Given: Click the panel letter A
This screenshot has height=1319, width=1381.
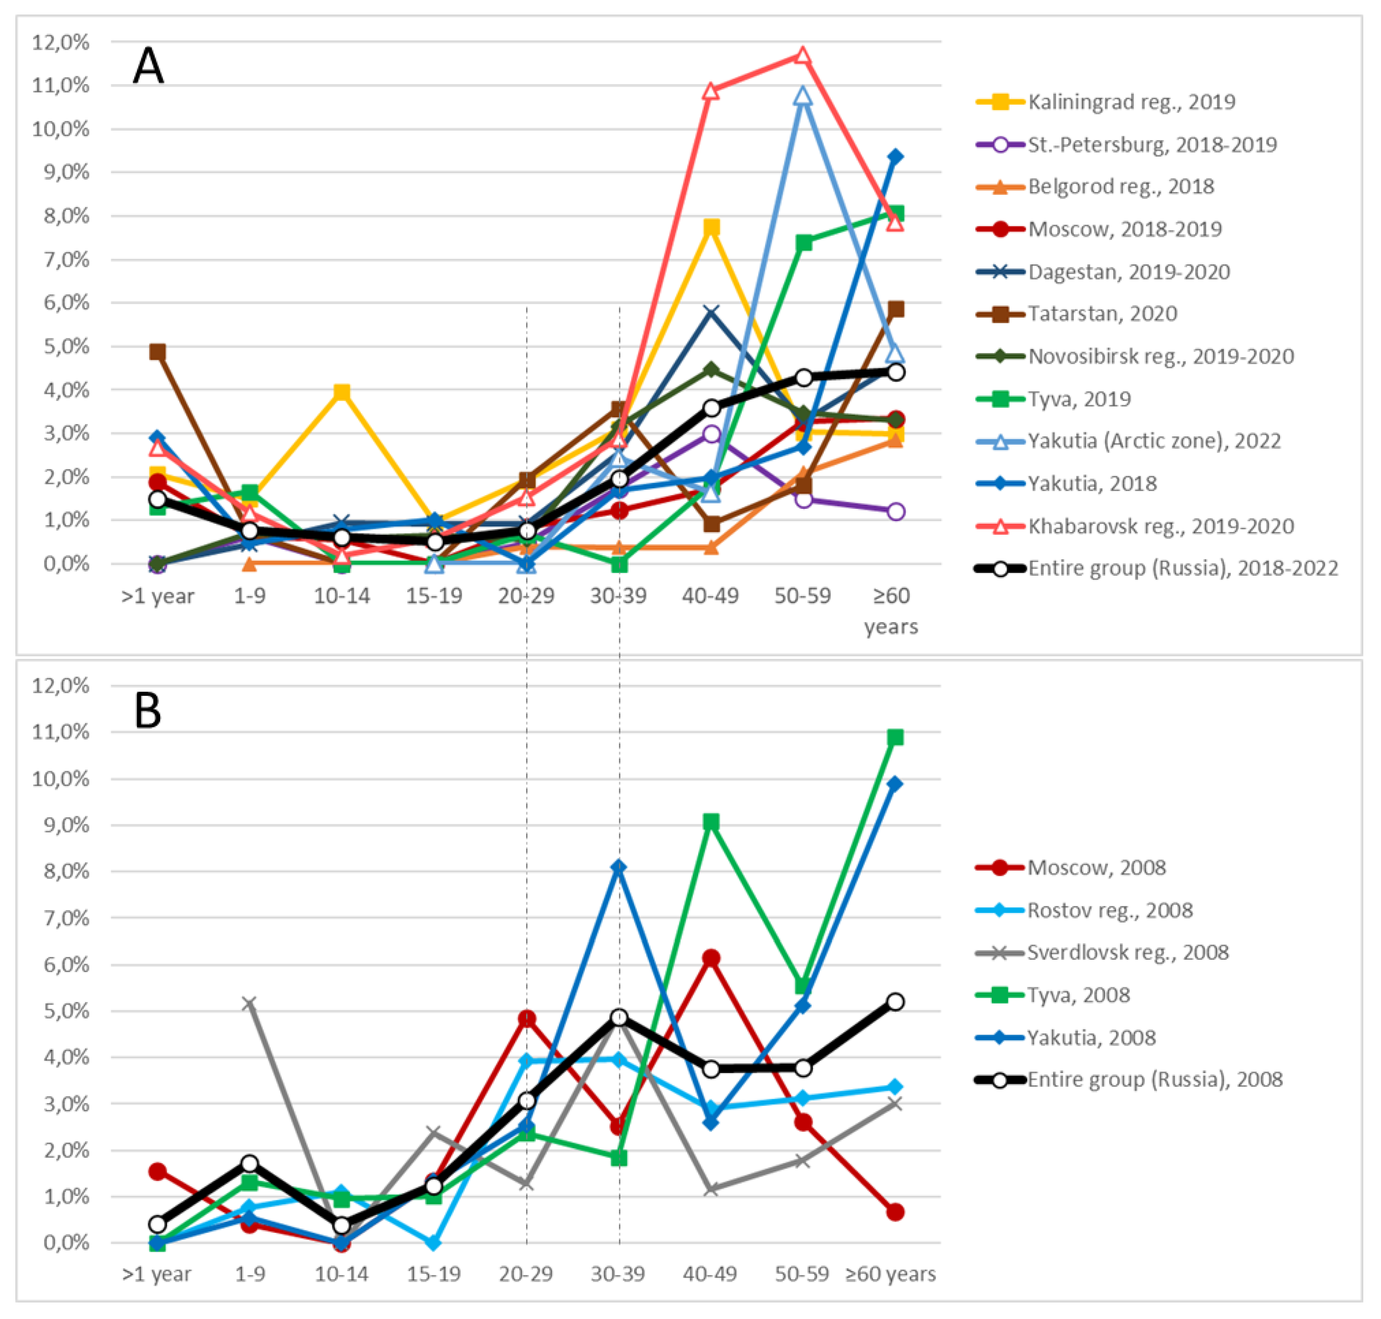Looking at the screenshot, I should [x=148, y=67].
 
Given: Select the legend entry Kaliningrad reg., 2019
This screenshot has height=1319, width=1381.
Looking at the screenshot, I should [x=1131, y=102].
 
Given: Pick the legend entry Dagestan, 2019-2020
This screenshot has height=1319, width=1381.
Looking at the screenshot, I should [x=1129, y=272].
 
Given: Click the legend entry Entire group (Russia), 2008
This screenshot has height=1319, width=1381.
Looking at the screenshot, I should [x=1155, y=1079].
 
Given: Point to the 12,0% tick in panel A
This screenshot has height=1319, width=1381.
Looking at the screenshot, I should [x=61, y=42].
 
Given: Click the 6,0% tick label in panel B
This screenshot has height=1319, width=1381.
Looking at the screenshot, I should [x=66, y=964].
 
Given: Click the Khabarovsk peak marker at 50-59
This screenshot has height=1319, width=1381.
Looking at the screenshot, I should [x=803, y=55].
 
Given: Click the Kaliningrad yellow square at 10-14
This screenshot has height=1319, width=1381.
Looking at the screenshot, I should [x=342, y=392].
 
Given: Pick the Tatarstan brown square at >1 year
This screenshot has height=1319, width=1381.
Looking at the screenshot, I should [x=157, y=351].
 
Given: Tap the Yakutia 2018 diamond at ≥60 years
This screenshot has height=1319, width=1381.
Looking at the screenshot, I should [x=895, y=156].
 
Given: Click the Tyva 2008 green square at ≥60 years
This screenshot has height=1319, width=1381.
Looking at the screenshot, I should [x=895, y=737].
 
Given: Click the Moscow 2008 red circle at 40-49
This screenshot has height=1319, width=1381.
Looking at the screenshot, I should [x=711, y=958].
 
